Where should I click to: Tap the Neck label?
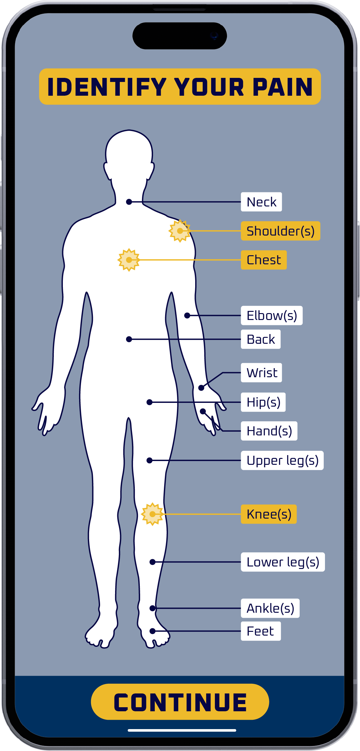point(261,202)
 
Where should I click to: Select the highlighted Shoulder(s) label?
point(280,231)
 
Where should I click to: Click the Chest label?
point(264,260)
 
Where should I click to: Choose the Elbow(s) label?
point(271,316)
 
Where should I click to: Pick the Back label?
point(261,339)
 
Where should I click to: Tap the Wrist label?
point(261,373)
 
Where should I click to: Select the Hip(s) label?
point(263,402)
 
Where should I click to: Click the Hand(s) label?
point(269,431)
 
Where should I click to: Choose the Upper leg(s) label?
point(282,460)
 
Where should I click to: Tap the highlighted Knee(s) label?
point(269,514)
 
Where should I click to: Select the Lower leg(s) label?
point(283,562)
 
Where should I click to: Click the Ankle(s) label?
point(270,608)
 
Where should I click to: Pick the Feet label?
point(261,631)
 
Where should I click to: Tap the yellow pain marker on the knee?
point(152,514)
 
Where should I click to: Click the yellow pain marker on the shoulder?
point(180,231)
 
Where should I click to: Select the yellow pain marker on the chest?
point(129,260)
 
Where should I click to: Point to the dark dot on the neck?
point(129,202)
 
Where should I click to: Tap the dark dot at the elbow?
point(187,316)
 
